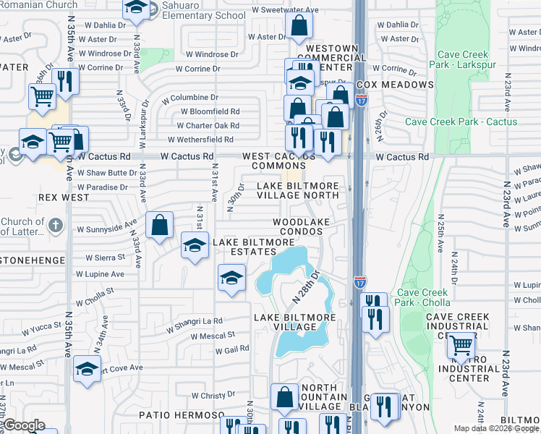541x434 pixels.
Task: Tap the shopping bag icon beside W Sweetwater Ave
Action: [298, 27]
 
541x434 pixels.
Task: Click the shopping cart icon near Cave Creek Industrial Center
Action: [461, 347]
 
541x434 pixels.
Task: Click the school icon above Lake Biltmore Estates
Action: [195, 247]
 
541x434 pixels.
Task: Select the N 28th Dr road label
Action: [305, 286]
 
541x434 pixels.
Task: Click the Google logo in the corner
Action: [24, 425]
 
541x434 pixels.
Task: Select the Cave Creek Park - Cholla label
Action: [422, 298]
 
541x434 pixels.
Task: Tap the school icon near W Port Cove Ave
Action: [87, 370]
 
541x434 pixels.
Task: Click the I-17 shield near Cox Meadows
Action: [362, 100]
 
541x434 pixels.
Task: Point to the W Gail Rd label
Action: [232, 349]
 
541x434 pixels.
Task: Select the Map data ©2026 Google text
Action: [497, 428]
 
